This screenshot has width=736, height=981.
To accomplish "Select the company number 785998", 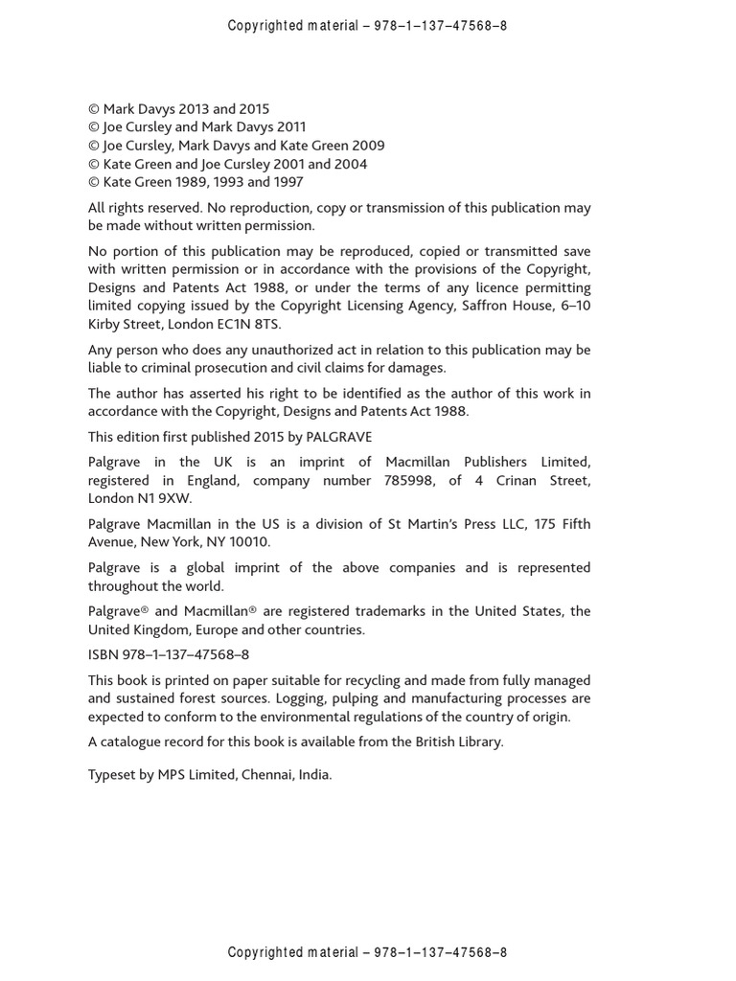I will (x=413, y=480).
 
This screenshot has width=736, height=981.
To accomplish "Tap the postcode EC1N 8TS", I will (x=252, y=325).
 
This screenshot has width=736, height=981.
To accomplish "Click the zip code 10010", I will (x=249, y=542).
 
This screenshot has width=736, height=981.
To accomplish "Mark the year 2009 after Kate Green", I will (x=365, y=146).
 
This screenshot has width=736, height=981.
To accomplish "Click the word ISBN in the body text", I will (x=103, y=655).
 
